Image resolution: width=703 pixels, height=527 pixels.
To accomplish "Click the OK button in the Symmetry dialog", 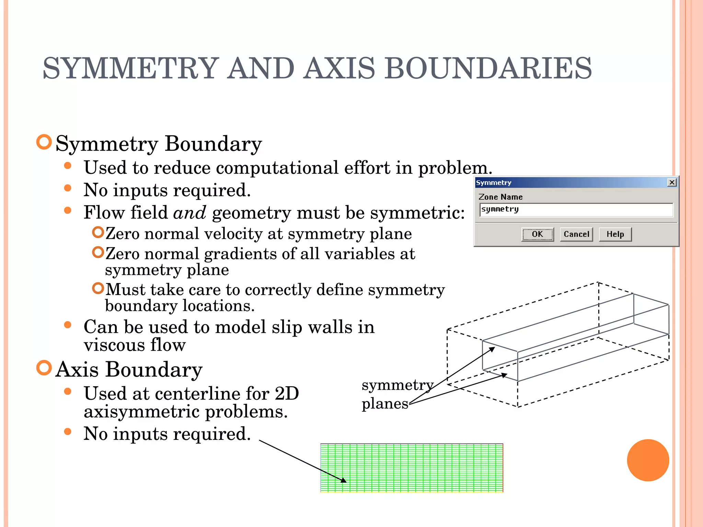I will (537, 234).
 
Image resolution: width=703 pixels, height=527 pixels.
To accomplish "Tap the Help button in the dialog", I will (615, 234).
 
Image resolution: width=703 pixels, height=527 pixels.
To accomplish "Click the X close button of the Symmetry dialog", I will (672, 183).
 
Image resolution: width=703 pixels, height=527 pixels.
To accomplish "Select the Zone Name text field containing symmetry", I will (576, 210).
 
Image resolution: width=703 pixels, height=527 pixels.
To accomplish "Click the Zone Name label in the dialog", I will (500, 197).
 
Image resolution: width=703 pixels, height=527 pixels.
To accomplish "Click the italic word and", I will (189, 213).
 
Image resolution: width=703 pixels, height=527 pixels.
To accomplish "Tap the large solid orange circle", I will (648, 460).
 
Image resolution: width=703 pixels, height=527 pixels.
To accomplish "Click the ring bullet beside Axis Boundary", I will (44, 368).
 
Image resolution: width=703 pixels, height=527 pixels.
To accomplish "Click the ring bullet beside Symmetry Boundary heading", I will (44, 142).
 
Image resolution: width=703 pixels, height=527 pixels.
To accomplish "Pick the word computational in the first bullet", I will (277, 168).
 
